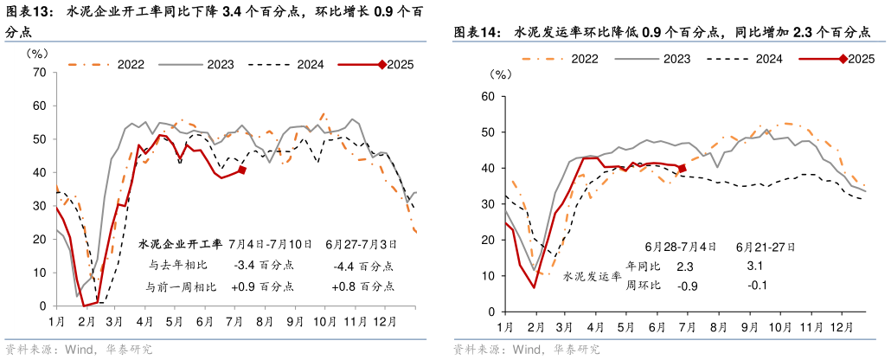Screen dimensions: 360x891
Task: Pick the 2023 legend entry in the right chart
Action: coord(676,58)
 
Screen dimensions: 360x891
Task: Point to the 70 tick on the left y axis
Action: coord(39,72)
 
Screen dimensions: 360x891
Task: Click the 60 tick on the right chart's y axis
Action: coord(486,97)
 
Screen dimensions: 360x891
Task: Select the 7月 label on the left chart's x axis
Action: coord(234,322)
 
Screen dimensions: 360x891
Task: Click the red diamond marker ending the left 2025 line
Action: coord(242,170)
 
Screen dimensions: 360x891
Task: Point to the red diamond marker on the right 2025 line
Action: coord(683,168)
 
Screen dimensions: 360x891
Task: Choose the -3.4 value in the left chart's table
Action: coord(250,267)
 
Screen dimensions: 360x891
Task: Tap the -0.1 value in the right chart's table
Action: coord(755,286)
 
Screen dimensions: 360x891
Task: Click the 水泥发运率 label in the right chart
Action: coord(592,277)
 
